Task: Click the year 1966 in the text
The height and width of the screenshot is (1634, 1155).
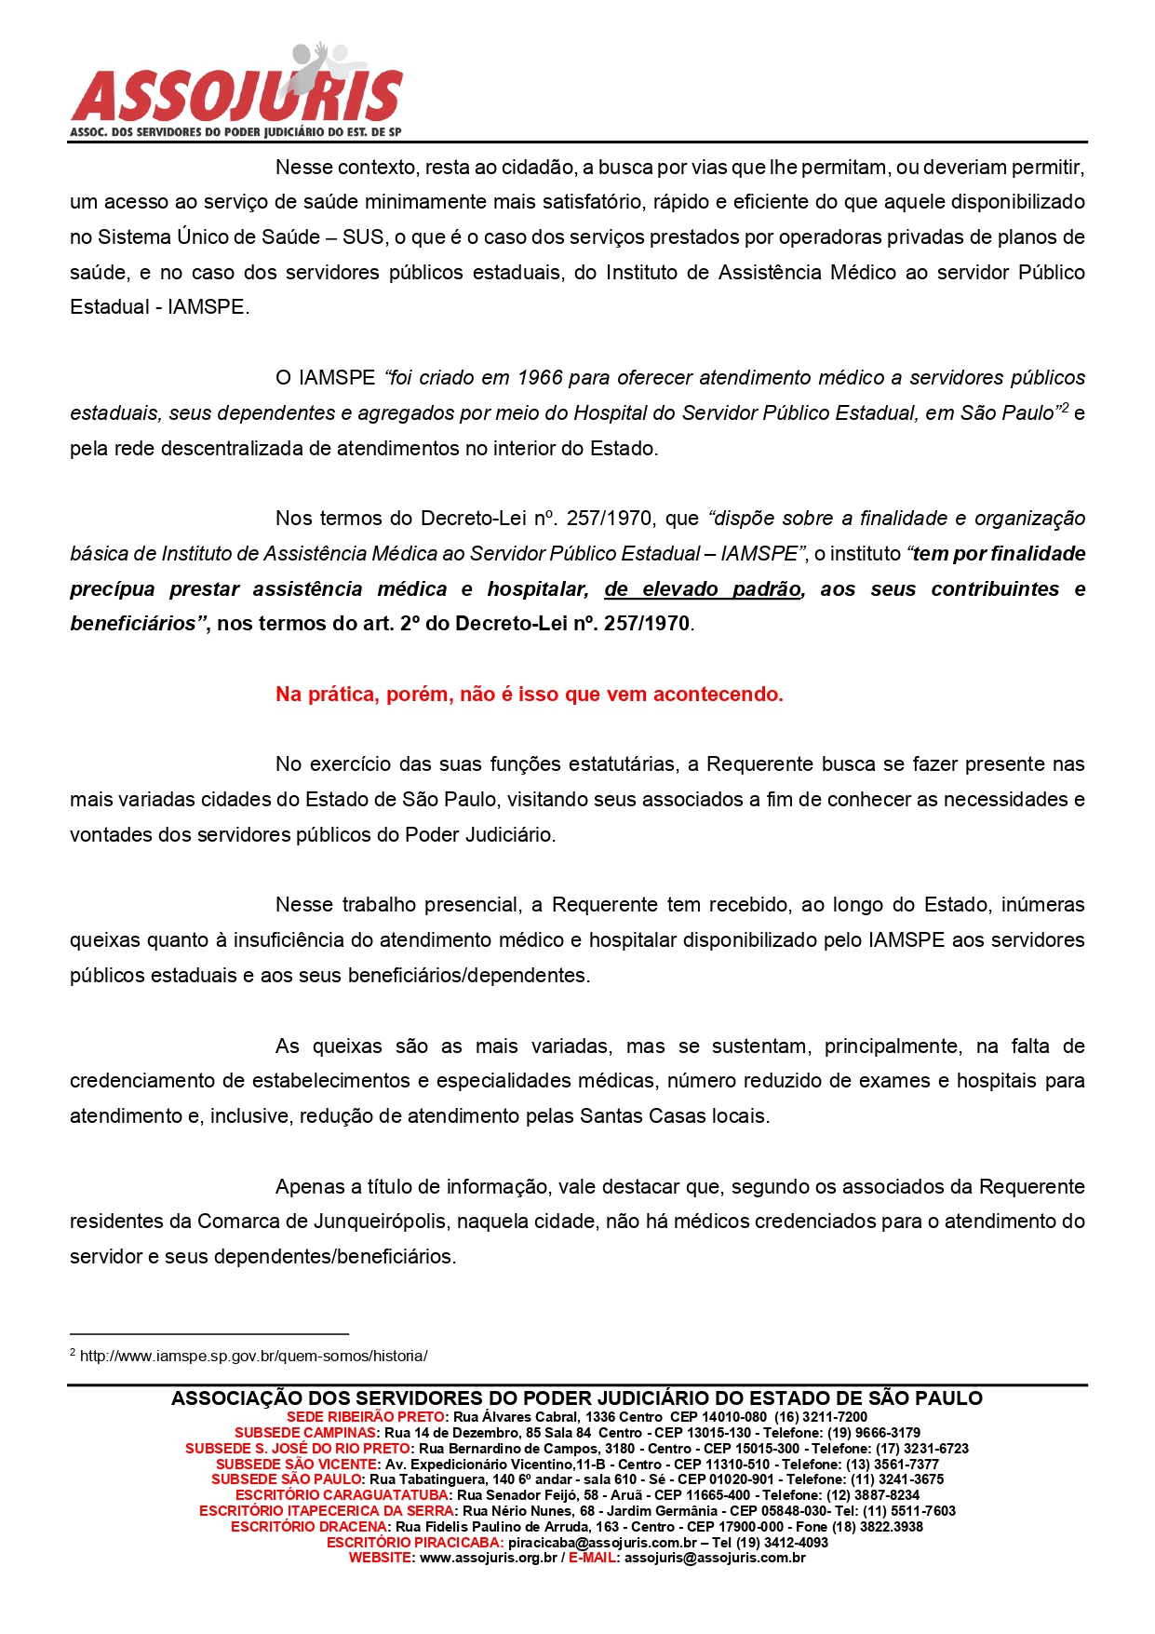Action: coord(540,378)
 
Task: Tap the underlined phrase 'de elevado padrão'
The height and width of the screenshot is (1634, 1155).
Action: coord(704,589)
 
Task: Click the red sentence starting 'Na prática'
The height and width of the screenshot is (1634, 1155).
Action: coord(529,695)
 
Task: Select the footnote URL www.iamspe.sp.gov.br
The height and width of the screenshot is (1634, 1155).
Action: coord(253,1357)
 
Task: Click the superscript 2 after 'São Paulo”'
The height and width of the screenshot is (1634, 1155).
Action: coord(1066,408)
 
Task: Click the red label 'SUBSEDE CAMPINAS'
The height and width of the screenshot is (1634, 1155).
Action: coord(306,1433)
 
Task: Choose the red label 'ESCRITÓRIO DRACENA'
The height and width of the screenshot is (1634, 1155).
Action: coord(309,1527)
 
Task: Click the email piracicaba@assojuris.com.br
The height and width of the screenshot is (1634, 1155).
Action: coord(602,1543)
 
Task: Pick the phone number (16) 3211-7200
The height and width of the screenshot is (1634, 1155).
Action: coord(821,1417)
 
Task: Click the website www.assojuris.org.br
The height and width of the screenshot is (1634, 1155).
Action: coord(489,1558)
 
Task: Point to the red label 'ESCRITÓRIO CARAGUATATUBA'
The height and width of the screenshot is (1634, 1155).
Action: coord(342,1495)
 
